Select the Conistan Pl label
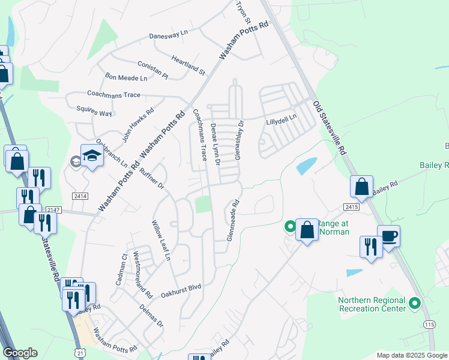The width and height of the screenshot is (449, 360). point(152,69)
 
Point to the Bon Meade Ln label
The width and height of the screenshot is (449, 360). point(126,78)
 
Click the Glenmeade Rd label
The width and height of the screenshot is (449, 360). point(233,221)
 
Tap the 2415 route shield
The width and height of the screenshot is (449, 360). point(352,206)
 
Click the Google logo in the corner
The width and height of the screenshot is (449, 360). point(20,353)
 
